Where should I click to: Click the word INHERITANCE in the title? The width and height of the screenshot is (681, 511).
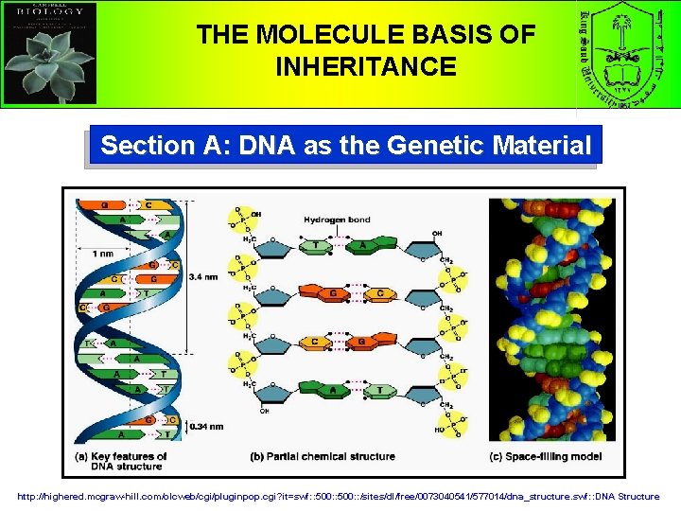pos(365,67)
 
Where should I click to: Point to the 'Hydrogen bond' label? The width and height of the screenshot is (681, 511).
pos(337,220)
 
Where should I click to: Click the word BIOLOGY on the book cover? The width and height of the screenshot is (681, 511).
pos(49,15)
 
